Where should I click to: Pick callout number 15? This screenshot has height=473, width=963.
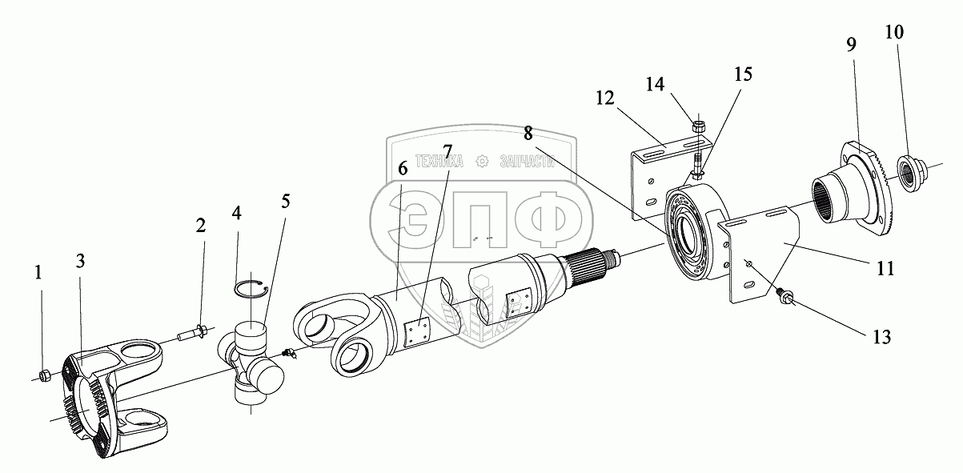pyautogui.click(x=744, y=74)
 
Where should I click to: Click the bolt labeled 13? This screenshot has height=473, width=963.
pyautogui.click(x=784, y=298)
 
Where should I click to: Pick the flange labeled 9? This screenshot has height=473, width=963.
pyautogui.click(x=857, y=184)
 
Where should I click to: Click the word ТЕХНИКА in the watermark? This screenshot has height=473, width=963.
pyautogui.click(x=439, y=161)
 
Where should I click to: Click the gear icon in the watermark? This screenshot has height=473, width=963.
pyautogui.click(x=482, y=161)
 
